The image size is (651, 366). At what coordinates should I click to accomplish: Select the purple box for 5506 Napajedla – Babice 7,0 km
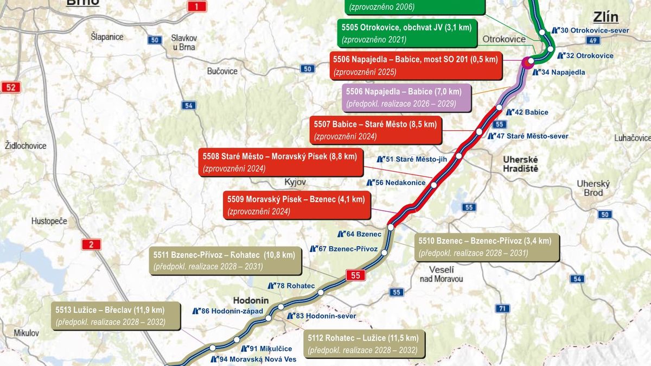click(406, 97)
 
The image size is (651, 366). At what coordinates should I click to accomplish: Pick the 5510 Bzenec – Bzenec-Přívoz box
click(484, 247)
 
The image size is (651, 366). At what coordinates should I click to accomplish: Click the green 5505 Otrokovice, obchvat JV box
click(406, 33)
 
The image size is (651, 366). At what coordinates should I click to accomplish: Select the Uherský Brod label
click(593, 188)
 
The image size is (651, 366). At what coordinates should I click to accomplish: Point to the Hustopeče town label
click(49, 222)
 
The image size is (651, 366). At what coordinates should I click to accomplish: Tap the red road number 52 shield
click(10, 87)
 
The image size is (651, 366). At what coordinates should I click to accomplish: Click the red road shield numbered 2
click(91, 244)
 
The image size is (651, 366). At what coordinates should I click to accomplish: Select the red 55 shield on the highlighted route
click(355, 275)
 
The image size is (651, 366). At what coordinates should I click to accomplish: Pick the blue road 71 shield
click(503, 308)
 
